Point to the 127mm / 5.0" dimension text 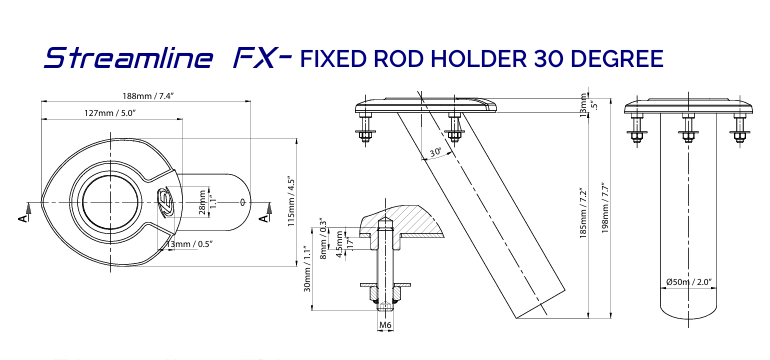coord(110,113)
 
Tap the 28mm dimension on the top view coord(203,201)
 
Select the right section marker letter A coord(263,214)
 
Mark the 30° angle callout coord(435,153)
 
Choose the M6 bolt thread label coord(385,324)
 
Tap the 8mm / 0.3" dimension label coord(322,237)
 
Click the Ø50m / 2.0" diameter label coord(688,282)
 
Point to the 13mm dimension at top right coord(583,104)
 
